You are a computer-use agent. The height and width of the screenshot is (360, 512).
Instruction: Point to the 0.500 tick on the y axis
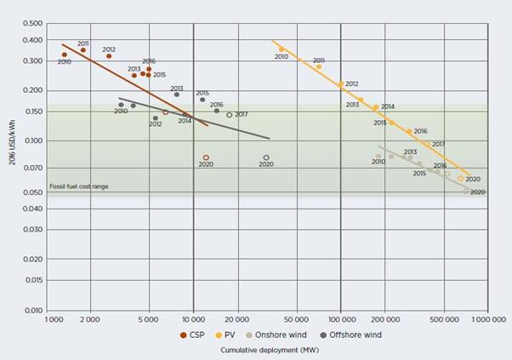point(31,23)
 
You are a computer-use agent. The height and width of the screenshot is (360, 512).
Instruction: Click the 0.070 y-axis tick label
point(31,167)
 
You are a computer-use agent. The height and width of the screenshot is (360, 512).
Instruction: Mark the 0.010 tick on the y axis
point(31,311)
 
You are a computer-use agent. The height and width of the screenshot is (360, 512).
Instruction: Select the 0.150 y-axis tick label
point(31,111)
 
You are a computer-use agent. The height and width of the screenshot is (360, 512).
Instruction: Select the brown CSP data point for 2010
point(64,54)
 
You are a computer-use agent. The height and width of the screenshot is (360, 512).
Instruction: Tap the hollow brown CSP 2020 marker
point(206,157)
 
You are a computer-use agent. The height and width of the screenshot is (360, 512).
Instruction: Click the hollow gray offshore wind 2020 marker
point(266,157)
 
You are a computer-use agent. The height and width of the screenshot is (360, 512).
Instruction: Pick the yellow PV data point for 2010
point(282,49)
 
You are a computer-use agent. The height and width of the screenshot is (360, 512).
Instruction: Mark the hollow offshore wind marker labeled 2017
point(230,115)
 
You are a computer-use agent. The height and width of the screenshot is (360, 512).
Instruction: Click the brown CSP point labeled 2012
point(109,56)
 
